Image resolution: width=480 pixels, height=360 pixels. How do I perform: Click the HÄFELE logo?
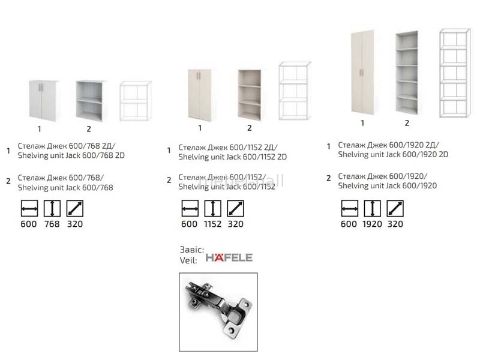[229, 257]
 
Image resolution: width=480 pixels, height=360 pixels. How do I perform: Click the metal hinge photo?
[218, 311]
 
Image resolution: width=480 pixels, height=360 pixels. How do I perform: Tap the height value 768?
[52, 224]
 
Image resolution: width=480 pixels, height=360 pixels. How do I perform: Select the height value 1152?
[212, 224]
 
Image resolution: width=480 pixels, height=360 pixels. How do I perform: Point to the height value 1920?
[372, 224]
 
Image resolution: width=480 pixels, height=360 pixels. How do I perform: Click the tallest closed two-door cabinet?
[362, 72]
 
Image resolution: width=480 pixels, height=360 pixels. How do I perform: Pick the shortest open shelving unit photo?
[89, 101]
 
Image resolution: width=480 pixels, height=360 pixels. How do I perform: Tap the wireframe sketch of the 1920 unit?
[455, 73]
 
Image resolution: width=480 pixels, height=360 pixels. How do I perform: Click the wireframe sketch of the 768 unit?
[136, 101]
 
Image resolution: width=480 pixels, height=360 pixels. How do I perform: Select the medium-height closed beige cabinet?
[200, 95]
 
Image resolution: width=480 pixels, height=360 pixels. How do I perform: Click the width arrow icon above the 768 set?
[29, 208]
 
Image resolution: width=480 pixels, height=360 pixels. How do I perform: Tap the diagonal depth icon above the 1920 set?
[395, 208]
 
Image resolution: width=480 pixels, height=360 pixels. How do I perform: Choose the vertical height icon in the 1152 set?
[212, 208]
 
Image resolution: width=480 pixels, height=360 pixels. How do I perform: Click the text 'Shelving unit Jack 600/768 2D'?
[71, 155]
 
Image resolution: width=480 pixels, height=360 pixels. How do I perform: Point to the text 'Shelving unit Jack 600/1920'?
[387, 185]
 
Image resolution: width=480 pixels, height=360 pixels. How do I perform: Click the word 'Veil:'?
[188, 260]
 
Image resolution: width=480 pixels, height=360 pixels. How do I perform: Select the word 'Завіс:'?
[192, 250]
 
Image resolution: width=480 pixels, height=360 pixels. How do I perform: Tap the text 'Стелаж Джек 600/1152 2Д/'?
[228, 147]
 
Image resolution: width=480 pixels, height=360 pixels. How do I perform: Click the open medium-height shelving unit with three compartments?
[250, 95]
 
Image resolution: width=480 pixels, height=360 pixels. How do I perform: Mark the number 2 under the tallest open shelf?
[407, 123]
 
